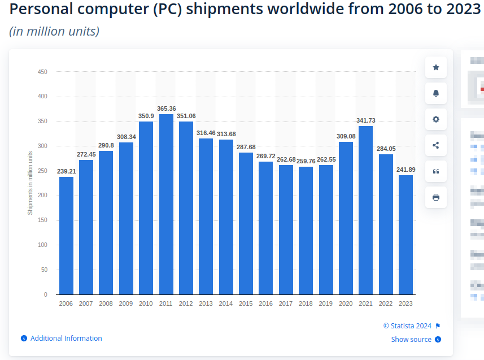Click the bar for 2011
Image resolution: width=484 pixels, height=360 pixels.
click(x=166, y=204)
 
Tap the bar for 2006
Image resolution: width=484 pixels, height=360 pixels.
click(x=66, y=236)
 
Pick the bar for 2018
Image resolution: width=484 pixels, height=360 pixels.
click(x=306, y=231)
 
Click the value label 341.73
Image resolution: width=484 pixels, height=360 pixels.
click(x=366, y=120)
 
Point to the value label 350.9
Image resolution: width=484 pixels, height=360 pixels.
click(x=146, y=116)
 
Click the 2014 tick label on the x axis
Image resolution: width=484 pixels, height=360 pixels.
click(x=226, y=303)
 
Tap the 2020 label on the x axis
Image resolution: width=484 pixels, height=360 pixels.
click(x=346, y=303)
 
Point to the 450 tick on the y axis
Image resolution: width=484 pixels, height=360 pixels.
click(x=42, y=72)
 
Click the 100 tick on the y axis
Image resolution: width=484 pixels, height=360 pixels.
click(x=42, y=245)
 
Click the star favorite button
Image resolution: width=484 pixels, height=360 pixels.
click(x=436, y=67)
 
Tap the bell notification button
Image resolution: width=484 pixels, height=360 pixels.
click(x=436, y=93)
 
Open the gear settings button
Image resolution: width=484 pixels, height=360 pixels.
click(x=436, y=119)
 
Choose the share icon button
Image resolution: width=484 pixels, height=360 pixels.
click(x=436, y=145)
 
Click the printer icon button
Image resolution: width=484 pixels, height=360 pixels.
click(x=436, y=197)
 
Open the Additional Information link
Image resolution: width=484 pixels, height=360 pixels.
click(x=66, y=339)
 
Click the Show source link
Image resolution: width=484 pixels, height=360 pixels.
click(x=411, y=340)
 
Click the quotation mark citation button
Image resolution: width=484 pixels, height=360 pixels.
click(x=436, y=171)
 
